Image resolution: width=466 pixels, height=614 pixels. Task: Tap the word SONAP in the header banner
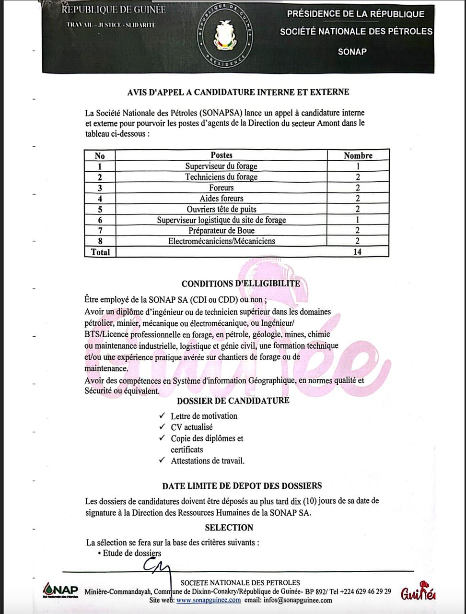[352, 52]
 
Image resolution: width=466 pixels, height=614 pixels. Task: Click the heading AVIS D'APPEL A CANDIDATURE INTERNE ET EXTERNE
[238, 92]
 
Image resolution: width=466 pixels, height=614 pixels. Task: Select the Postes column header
[221, 155]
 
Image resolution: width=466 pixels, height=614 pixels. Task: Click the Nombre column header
[358, 155]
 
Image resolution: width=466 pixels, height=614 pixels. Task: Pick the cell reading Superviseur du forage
[221, 166]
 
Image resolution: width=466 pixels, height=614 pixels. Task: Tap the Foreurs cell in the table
[221, 188]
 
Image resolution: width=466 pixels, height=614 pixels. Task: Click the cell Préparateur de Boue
[221, 231]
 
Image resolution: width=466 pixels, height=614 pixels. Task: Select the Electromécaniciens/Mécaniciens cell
[221, 241]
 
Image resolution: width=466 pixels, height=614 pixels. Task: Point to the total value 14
[357, 252]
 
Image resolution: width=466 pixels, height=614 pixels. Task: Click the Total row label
[100, 252]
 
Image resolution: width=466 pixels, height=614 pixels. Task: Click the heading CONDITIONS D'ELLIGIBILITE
[241, 283]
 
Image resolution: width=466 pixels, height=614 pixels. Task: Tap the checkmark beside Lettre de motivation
[162, 416]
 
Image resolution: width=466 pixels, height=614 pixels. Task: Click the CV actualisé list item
[192, 427]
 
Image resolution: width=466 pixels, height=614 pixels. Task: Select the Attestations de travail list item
[208, 461]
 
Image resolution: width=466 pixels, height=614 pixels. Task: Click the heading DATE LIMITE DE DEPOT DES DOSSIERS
[242, 486]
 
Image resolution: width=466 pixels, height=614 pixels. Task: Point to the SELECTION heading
[229, 528]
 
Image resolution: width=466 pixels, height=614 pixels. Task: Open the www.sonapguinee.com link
[209, 600]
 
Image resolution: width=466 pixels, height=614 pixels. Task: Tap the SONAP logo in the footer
[60, 590]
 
